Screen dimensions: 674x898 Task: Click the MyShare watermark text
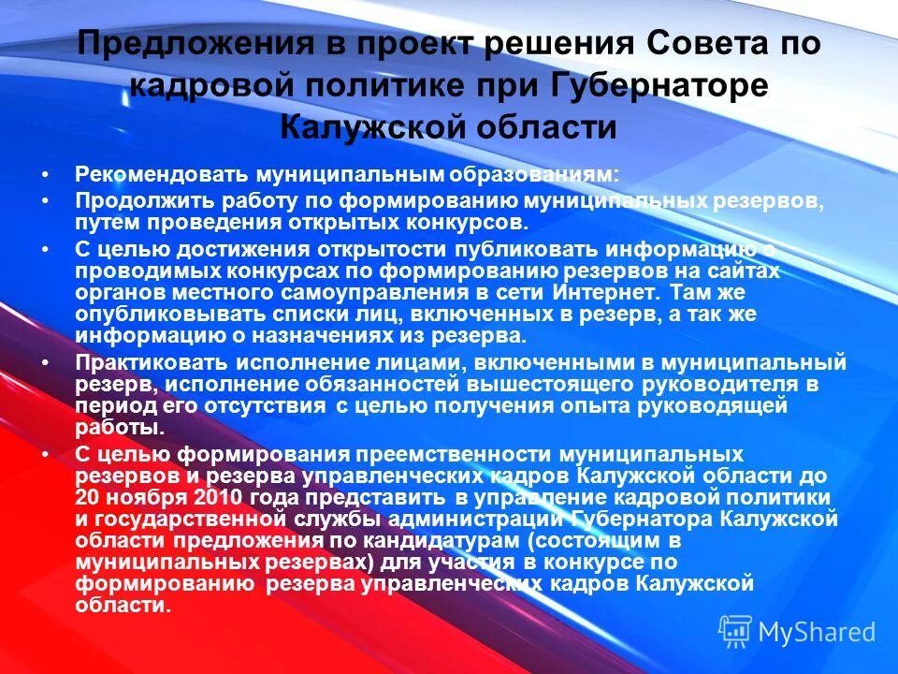[x=817, y=632]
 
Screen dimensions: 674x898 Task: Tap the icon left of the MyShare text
[x=735, y=631]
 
